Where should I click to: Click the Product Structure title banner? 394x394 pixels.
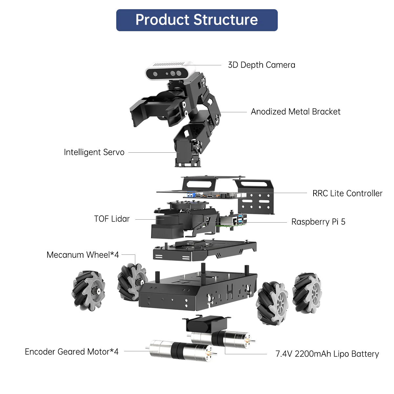pyautogui.click(x=197, y=20)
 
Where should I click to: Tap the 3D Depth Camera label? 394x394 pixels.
pyautogui.click(x=261, y=65)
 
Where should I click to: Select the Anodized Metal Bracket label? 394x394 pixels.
pyautogui.click(x=295, y=112)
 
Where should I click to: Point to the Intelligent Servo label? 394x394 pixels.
pyautogui.click(x=94, y=152)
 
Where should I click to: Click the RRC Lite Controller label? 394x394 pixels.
pyautogui.click(x=347, y=193)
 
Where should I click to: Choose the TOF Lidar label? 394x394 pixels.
pyautogui.click(x=112, y=219)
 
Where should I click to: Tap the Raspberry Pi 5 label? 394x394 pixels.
pyautogui.click(x=318, y=222)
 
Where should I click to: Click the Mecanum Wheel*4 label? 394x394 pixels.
pyautogui.click(x=83, y=255)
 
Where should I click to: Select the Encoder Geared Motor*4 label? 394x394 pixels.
pyautogui.click(x=72, y=352)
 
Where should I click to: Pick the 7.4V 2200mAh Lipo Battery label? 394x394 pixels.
pyautogui.click(x=327, y=354)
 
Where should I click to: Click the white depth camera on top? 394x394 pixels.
pyautogui.click(x=170, y=71)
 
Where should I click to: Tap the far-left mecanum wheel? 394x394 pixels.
pyautogui.click(x=88, y=290)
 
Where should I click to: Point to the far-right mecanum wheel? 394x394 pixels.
pyautogui.click(x=307, y=292)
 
